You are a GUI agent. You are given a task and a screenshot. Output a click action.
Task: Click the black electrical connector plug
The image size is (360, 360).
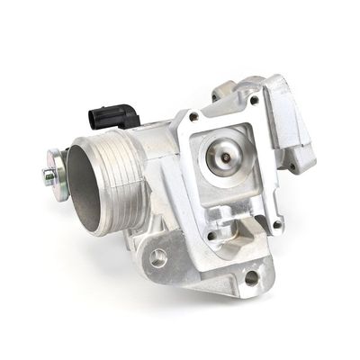113,116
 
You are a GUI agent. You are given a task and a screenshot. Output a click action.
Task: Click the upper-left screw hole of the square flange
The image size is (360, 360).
193,117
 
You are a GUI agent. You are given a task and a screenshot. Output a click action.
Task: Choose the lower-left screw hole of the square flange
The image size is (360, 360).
213,237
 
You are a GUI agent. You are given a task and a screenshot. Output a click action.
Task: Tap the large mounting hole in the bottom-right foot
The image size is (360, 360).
251,278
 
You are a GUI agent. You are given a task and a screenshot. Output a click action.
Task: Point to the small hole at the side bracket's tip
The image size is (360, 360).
293,166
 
